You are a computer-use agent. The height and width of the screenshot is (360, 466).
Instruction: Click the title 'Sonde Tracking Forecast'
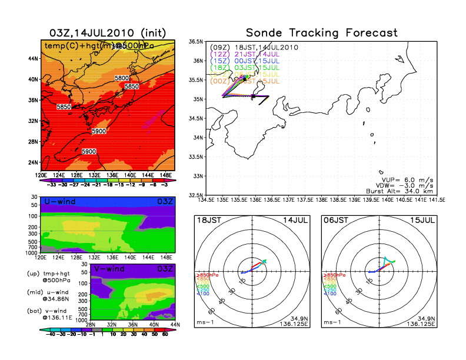321,32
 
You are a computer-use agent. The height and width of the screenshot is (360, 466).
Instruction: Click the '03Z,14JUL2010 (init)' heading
108,32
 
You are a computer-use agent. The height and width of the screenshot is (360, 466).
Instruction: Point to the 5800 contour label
122,78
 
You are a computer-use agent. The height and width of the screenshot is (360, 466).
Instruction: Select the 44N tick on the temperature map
33,58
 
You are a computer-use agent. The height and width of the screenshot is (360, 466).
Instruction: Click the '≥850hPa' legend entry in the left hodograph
204,274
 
